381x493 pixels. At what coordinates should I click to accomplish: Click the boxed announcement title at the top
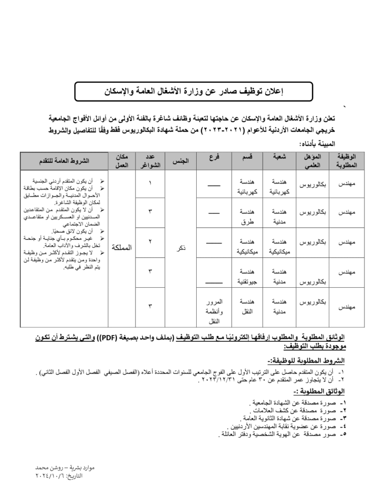pos(193,91)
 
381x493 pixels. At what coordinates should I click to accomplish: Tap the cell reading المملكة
pos(121,247)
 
